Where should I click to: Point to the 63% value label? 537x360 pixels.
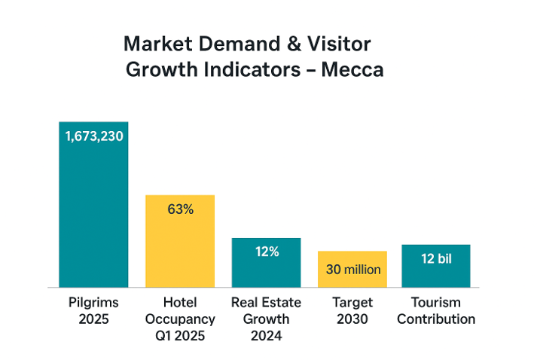(x=180, y=209)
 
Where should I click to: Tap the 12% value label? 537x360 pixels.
(x=267, y=252)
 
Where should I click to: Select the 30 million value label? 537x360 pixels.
(x=352, y=269)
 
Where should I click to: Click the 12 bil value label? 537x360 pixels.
(x=436, y=258)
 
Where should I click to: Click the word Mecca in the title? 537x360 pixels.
(x=352, y=70)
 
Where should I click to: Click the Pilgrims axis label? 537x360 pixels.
(x=93, y=303)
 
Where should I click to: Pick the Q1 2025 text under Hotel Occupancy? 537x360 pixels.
(x=180, y=335)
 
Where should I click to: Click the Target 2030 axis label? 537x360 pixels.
(x=352, y=310)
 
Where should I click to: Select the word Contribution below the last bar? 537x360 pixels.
(x=436, y=319)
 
